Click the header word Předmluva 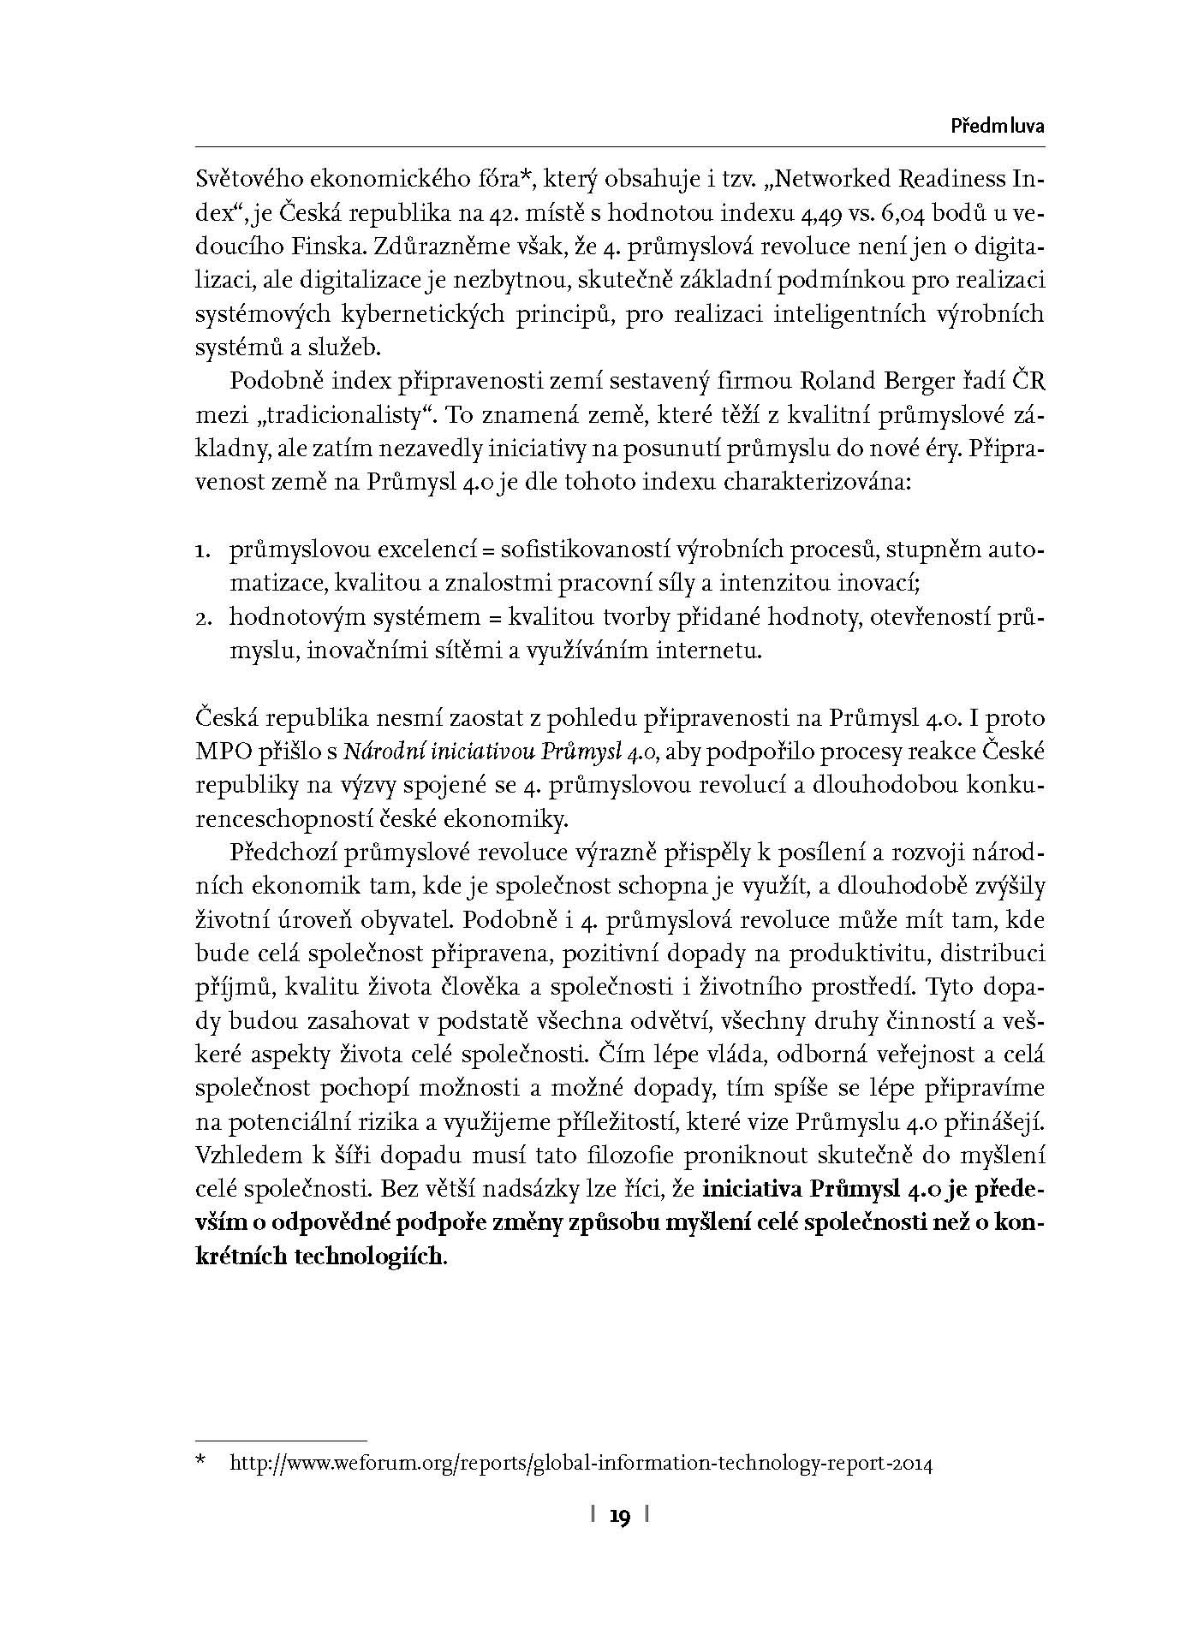pyautogui.click(x=998, y=127)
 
